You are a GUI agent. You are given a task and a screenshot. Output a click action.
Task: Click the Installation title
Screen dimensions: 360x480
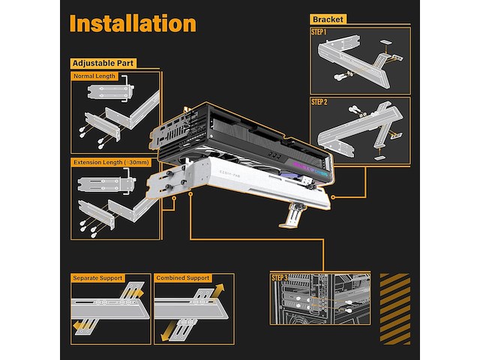133,22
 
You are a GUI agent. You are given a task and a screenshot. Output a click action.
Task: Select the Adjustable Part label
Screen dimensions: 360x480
103,63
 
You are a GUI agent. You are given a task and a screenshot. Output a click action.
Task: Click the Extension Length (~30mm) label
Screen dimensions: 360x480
111,162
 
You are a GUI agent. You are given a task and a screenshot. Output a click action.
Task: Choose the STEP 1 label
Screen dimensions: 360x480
319,32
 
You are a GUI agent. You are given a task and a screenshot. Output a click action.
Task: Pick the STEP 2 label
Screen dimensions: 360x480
319,101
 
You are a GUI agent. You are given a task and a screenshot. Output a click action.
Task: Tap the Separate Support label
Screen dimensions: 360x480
98,278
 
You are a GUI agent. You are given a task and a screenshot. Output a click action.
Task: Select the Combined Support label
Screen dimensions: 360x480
182,278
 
